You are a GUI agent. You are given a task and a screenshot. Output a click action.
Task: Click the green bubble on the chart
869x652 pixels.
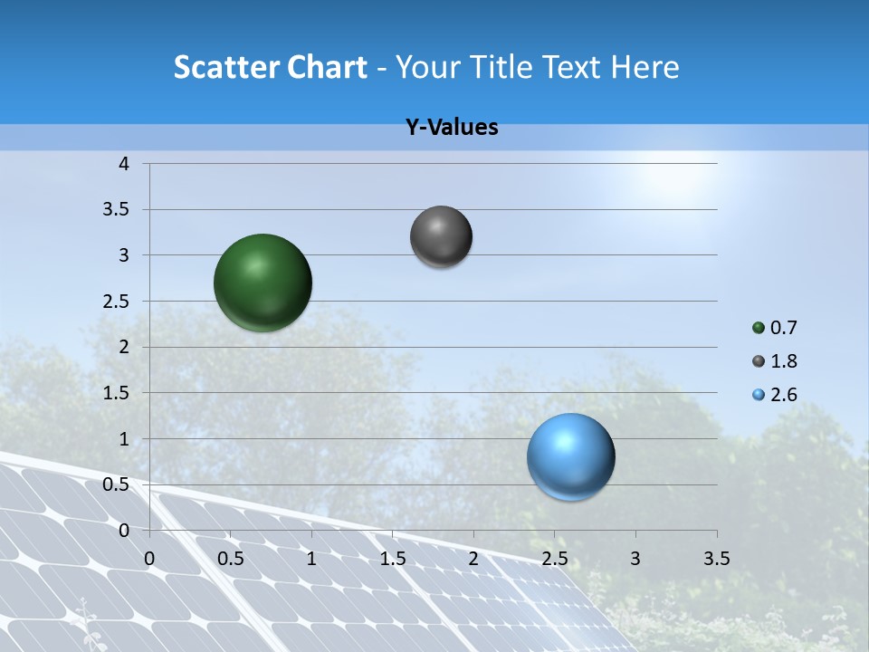pyautogui.click(x=263, y=283)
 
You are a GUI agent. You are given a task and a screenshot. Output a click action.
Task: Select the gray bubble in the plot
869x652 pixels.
pyautogui.click(x=441, y=236)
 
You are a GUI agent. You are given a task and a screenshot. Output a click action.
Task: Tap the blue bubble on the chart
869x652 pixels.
pyautogui.click(x=571, y=456)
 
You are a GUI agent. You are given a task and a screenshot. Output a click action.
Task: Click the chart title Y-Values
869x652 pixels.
pyautogui.click(x=452, y=128)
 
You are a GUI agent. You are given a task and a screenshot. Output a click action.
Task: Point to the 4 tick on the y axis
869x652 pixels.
pyautogui.click(x=125, y=164)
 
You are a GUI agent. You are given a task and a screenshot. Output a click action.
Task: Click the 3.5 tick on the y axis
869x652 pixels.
pyautogui.click(x=118, y=210)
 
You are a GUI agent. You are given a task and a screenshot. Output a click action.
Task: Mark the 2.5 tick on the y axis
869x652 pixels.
pyautogui.click(x=118, y=302)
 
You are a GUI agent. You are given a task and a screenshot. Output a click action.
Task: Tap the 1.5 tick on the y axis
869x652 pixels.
pyautogui.click(x=118, y=393)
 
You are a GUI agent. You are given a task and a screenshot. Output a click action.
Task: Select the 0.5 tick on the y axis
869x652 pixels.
pyautogui.click(x=118, y=484)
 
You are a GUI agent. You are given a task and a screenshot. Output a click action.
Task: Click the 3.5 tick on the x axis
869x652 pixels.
pyautogui.click(x=716, y=558)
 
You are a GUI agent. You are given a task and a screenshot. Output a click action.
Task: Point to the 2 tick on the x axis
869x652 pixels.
pyautogui.click(x=473, y=558)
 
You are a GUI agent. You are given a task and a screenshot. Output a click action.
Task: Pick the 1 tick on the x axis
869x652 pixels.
pyautogui.click(x=311, y=558)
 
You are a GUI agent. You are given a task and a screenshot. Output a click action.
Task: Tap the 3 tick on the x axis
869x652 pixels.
pyautogui.click(x=635, y=558)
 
